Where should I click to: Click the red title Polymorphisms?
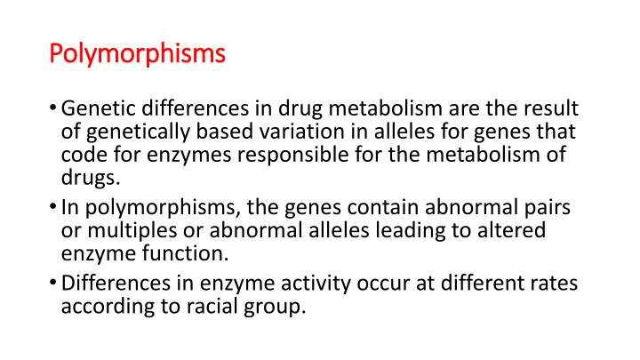click(x=138, y=55)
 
